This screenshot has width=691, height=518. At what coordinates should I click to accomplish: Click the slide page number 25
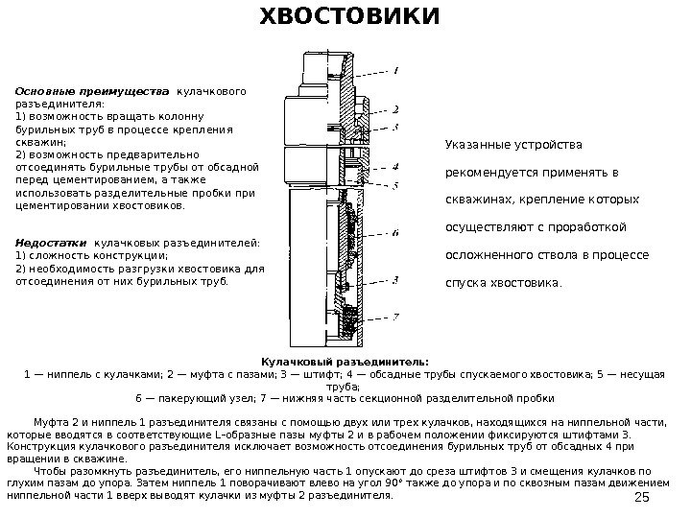tap(644, 495)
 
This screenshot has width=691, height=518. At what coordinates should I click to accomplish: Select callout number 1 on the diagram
tap(397, 69)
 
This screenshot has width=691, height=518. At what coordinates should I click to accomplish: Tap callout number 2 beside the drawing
tap(396, 109)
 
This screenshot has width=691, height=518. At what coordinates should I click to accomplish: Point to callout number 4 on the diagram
tap(396, 165)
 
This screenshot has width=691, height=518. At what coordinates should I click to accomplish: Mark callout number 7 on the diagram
tap(396, 316)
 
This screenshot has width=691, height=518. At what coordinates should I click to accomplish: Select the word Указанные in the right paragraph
tap(475, 145)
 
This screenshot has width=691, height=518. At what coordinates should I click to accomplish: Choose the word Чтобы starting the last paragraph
tap(50, 471)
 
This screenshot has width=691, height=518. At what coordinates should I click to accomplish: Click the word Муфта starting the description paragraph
tap(50, 421)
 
